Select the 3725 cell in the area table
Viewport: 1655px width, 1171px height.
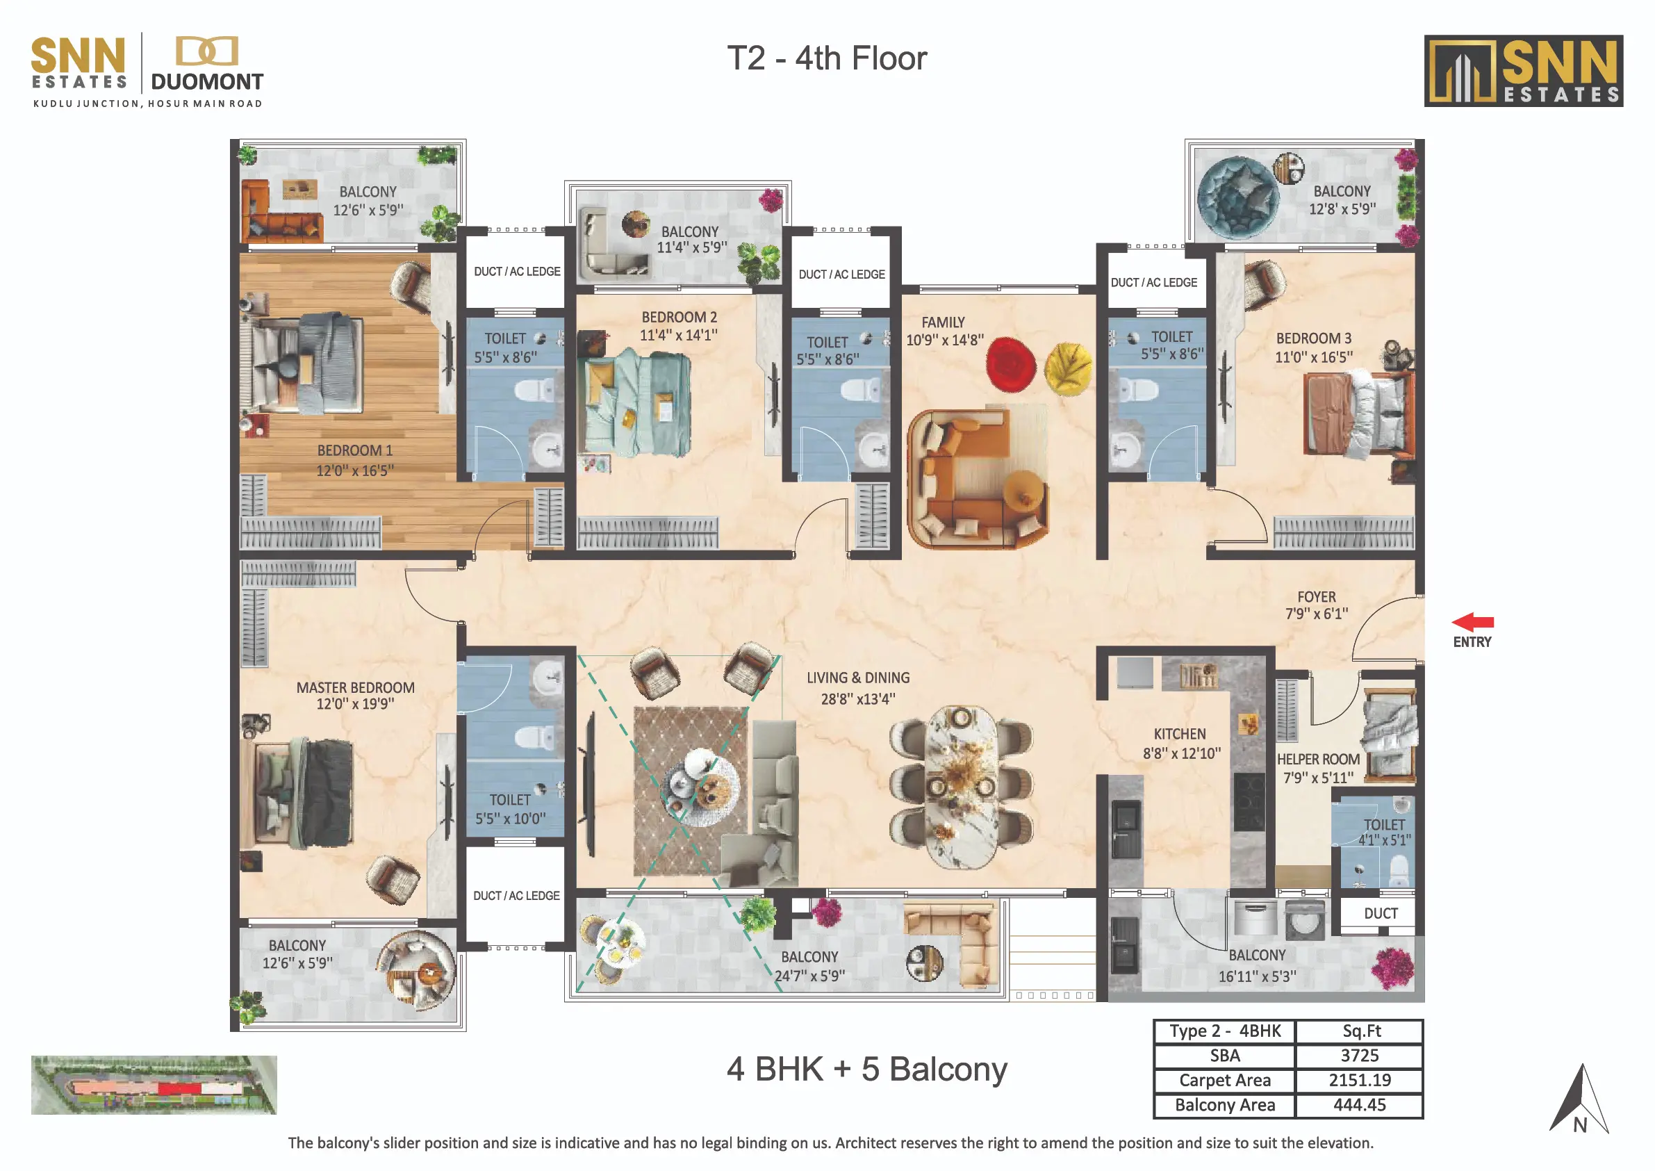[1360, 1056]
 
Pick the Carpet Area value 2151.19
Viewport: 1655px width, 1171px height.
[1360, 1080]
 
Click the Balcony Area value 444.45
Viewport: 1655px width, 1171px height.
[1360, 1105]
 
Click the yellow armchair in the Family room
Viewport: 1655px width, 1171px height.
[1069, 368]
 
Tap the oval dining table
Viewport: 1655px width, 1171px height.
[961, 788]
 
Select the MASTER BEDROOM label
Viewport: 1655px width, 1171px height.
[355, 688]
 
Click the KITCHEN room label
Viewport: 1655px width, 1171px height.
[1179, 734]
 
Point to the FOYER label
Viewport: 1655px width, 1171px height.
[1316, 597]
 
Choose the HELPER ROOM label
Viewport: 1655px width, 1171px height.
[1319, 760]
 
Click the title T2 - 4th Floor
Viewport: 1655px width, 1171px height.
[827, 58]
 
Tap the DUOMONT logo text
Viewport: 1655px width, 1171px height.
[207, 82]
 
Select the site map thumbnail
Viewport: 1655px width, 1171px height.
[154, 1086]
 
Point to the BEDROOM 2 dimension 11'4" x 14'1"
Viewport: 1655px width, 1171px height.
[678, 335]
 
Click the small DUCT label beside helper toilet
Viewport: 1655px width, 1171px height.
[1381, 914]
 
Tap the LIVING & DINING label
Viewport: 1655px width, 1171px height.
[858, 678]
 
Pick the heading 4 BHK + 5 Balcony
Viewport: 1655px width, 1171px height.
[866, 1070]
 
